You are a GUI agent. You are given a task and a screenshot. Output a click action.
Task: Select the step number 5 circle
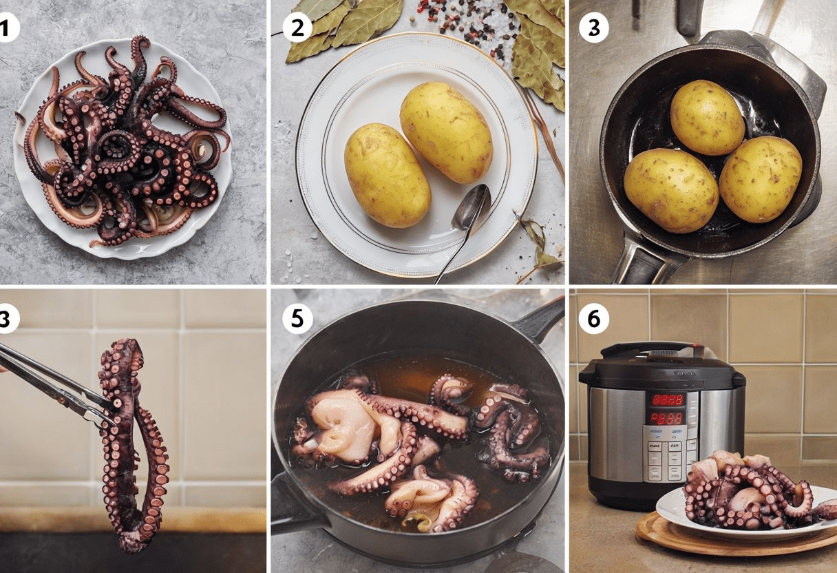[297, 319]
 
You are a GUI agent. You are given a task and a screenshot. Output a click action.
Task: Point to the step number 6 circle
[593, 318]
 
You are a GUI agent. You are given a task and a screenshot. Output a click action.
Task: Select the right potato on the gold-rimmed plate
[446, 132]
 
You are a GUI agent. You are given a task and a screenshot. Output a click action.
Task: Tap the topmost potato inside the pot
[707, 117]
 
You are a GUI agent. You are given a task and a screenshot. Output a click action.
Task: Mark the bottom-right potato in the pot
[760, 178]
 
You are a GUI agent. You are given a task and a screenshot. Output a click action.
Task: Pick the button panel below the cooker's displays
[666, 455]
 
